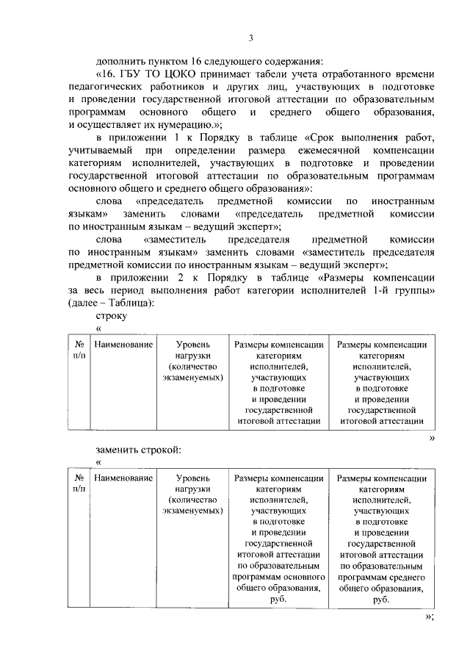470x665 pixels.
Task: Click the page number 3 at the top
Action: pos(250,38)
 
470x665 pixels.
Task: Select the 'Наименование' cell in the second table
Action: pos(123,478)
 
